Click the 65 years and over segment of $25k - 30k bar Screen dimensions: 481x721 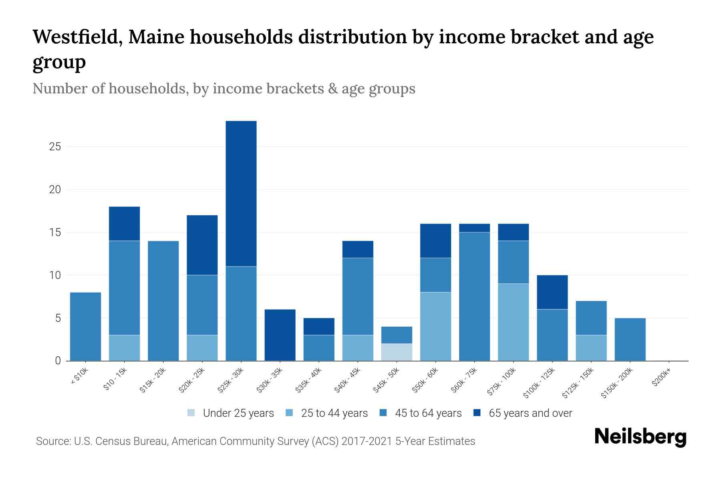pos(241,193)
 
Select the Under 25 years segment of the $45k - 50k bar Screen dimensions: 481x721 pos(397,352)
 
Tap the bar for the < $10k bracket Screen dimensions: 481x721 pos(85,326)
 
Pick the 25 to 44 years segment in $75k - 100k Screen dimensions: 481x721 pos(513,322)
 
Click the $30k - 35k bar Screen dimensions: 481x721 pos(280,335)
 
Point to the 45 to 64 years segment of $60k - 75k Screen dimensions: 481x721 pos(474,296)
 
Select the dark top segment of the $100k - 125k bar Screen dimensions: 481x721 pos(552,292)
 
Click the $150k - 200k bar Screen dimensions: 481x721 pos(630,339)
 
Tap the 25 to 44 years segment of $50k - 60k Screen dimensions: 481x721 pos(435,326)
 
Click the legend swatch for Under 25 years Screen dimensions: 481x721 pos(191,413)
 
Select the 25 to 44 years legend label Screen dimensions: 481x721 pos(334,413)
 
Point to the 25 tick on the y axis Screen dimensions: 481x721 pos(55,147)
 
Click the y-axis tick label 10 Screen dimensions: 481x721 pos(55,275)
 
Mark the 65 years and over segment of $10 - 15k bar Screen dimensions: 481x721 pos(124,224)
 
